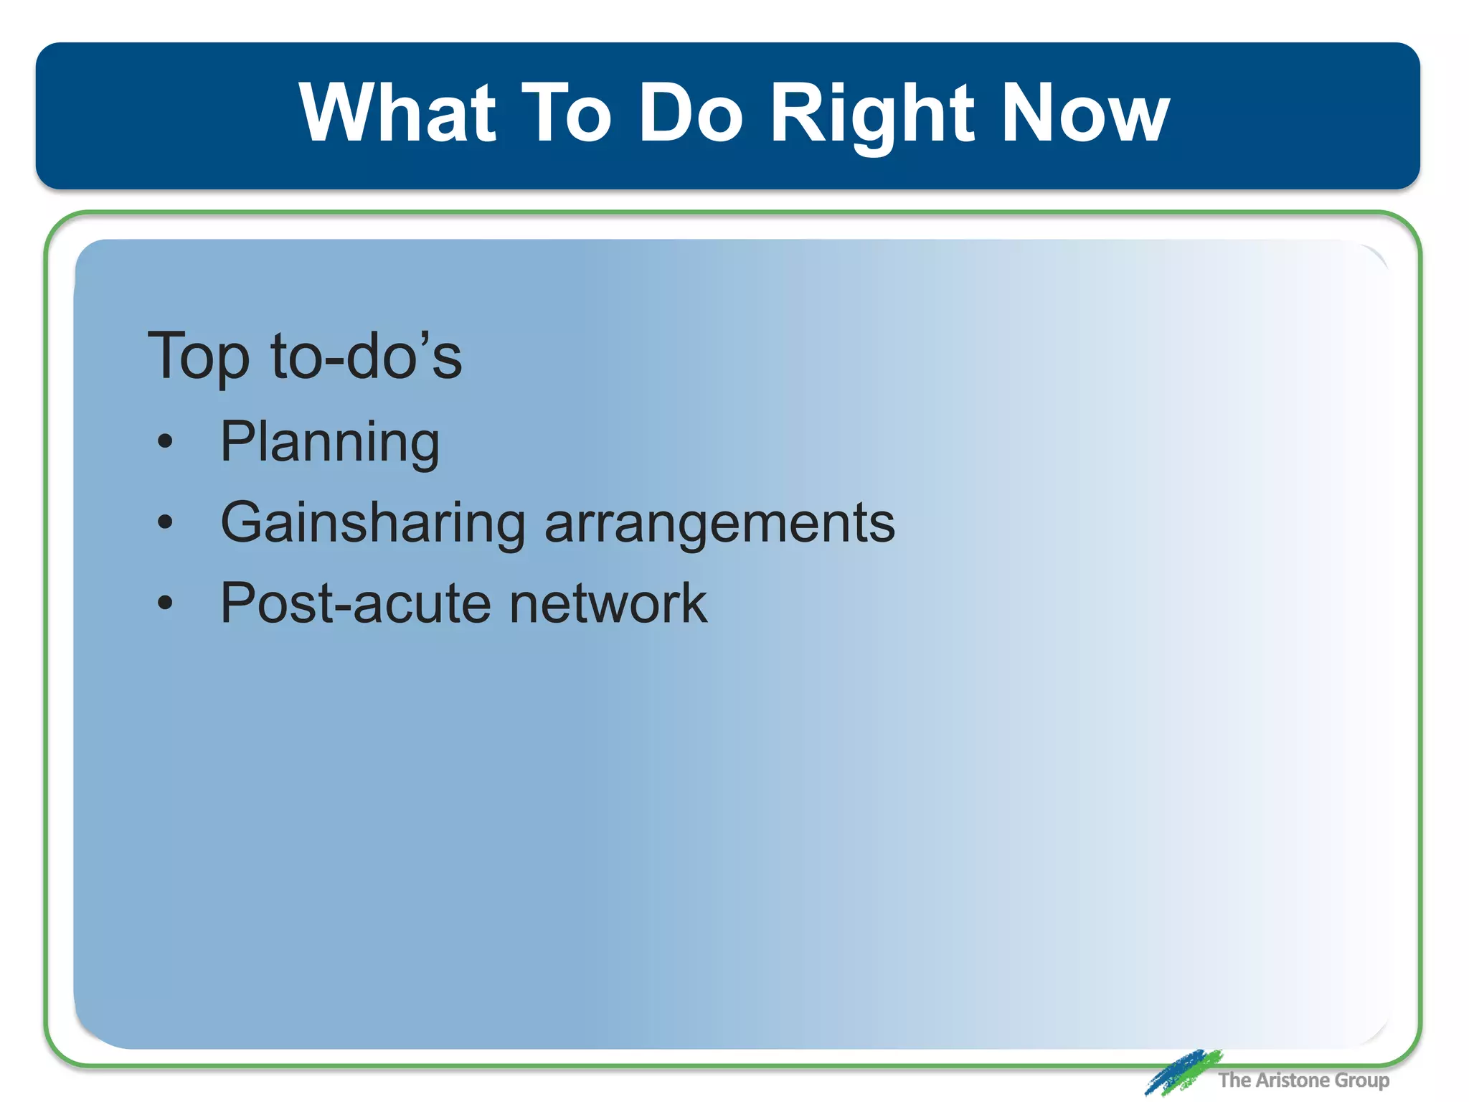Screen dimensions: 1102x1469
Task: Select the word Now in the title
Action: (x=1085, y=113)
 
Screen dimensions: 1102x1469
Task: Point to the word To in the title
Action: (x=566, y=113)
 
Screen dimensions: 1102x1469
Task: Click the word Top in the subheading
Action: (x=199, y=357)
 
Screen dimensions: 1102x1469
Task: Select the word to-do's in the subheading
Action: (x=367, y=357)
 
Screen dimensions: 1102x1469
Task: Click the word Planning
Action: (x=330, y=443)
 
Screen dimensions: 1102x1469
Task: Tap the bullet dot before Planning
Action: (x=166, y=441)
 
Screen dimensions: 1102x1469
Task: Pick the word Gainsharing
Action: (x=373, y=523)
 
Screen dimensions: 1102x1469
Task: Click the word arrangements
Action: (x=719, y=523)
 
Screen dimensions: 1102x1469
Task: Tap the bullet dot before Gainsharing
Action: (x=166, y=522)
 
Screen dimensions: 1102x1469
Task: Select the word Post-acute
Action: (x=356, y=603)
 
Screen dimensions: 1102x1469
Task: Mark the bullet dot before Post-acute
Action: (x=166, y=603)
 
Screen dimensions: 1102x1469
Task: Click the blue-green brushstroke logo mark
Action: (x=1182, y=1072)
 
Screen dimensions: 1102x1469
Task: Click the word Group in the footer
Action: (x=1361, y=1080)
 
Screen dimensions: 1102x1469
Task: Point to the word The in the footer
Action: (x=1234, y=1080)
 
